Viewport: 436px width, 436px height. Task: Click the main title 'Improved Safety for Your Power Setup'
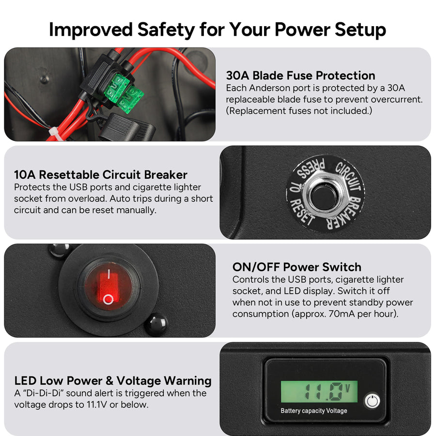[x=218, y=29]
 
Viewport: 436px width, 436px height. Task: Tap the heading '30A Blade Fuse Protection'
[x=300, y=76]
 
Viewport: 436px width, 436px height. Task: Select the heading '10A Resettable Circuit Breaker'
[x=101, y=175]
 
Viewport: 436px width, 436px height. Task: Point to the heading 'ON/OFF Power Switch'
[x=297, y=267]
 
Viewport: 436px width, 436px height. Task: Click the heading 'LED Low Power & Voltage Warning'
[x=113, y=381]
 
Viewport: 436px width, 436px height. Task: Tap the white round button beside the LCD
[x=371, y=401]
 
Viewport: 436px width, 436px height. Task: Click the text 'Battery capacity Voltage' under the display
[x=314, y=411]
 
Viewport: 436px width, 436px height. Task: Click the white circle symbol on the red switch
[x=109, y=299]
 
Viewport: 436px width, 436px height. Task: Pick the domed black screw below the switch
[x=156, y=324]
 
